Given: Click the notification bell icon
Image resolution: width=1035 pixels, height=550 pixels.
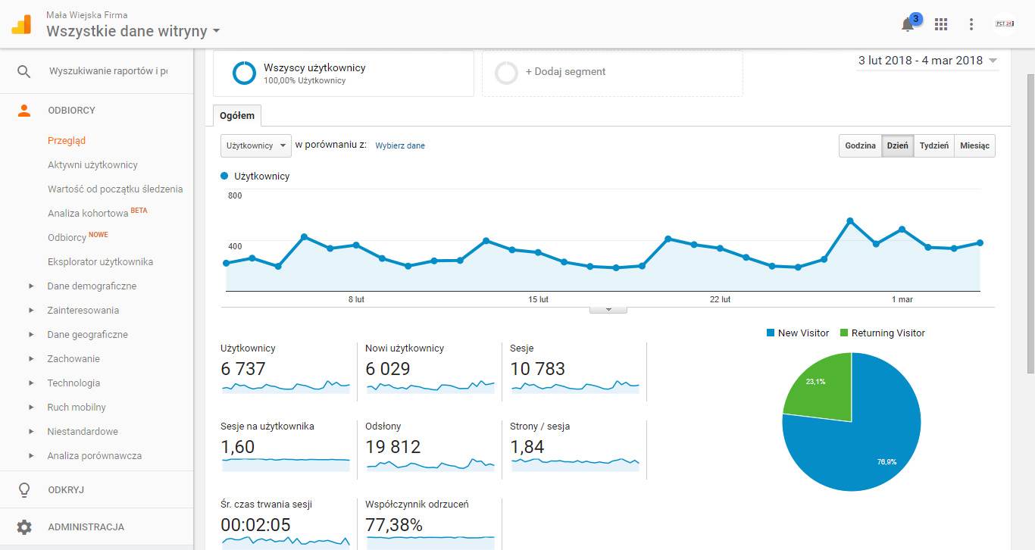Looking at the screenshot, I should tap(908, 25).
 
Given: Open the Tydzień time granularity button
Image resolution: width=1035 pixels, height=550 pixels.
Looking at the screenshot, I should tap(933, 146).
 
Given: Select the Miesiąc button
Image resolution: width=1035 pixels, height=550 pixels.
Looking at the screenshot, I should tap(974, 146).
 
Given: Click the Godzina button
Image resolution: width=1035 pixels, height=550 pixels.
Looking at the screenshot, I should tap(860, 146).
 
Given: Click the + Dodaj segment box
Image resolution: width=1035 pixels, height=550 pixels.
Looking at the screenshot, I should tap(611, 72).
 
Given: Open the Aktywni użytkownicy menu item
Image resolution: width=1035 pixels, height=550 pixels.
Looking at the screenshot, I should tap(92, 164).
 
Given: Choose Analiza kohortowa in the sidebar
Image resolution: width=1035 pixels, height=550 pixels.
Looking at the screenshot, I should tap(88, 214).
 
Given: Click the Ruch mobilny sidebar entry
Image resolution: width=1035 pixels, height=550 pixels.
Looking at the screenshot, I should tap(77, 407).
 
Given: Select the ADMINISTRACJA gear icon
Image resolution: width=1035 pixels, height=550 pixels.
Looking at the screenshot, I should tap(24, 527).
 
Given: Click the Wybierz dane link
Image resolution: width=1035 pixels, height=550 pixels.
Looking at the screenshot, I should tap(400, 145).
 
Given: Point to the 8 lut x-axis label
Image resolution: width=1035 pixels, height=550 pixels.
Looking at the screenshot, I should tap(356, 299).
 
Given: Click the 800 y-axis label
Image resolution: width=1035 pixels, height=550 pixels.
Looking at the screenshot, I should tap(235, 196).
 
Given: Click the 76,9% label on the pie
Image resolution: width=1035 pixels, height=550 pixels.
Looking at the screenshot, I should tap(887, 461).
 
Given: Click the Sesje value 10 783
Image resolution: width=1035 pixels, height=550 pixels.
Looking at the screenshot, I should tap(538, 369).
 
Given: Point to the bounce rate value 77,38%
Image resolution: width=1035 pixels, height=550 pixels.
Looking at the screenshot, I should tap(394, 524).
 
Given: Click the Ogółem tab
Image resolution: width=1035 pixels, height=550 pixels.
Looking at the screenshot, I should tap(237, 116).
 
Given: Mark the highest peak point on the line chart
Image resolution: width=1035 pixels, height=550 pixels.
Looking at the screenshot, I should tap(850, 220).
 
